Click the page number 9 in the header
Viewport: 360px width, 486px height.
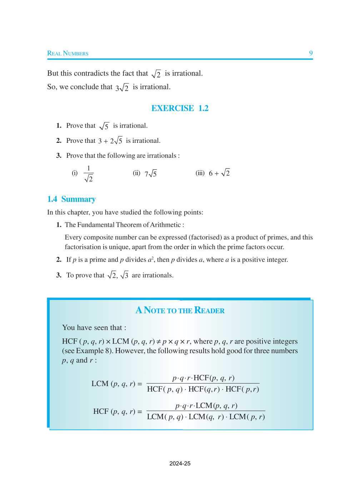(311, 53)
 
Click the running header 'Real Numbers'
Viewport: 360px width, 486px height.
(68, 54)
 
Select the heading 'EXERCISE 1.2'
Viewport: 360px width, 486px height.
(180, 108)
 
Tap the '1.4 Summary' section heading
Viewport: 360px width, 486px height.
(71, 199)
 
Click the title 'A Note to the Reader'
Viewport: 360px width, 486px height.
(180, 310)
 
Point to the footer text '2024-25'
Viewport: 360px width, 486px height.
(180, 464)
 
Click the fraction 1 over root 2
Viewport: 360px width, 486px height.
(89, 174)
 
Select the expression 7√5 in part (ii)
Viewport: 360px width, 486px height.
(151, 174)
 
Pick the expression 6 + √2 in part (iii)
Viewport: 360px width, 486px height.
(219, 173)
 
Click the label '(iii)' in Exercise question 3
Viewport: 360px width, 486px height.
(200, 173)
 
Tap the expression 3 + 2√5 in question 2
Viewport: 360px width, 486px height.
(110, 141)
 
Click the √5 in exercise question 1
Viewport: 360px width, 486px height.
(104, 126)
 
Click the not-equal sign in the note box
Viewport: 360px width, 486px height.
(159, 342)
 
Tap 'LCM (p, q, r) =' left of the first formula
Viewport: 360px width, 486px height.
(117, 384)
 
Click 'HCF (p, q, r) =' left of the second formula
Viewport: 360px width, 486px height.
(117, 412)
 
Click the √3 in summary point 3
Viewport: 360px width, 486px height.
(125, 275)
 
